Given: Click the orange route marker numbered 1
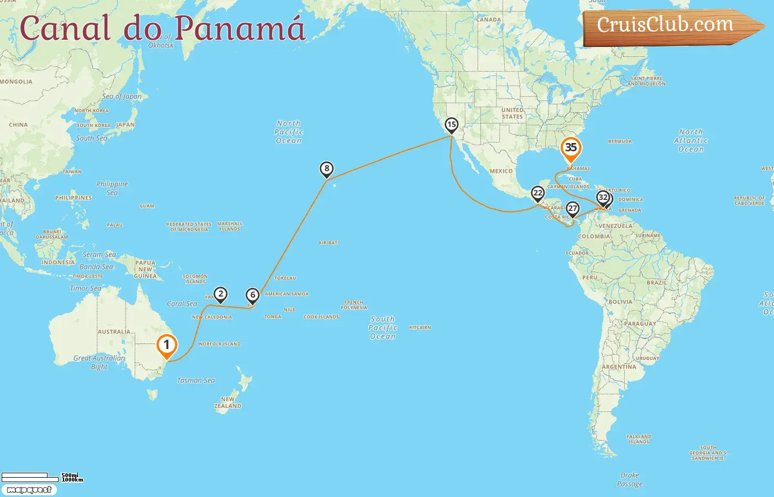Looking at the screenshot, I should tap(166, 345).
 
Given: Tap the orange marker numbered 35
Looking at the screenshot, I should tap(571, 148).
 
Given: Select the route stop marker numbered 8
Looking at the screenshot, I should tap(327, 169).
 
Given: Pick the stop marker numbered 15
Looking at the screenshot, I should tap(452, 125).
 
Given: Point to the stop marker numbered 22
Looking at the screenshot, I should tap(537, 193).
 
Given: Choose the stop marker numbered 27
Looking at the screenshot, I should tap(573, 209).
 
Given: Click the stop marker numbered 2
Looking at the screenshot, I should tap(221, 294).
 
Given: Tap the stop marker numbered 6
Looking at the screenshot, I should tap(253, 295).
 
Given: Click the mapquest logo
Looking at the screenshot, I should tap(29, 490).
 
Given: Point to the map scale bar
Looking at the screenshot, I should tap(30, 477).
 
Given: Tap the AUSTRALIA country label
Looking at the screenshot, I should tap(114, 332).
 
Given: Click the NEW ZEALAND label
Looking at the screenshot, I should tap(228, 403).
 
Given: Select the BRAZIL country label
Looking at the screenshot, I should tap(656, 282).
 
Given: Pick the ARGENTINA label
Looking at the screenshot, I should tap(619, 367).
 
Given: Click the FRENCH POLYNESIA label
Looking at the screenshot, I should tap(354, 305).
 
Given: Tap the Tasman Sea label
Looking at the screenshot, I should tap(196, 380).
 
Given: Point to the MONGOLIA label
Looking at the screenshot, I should tap(16, 82).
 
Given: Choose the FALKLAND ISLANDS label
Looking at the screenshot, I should tap(639, 439).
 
